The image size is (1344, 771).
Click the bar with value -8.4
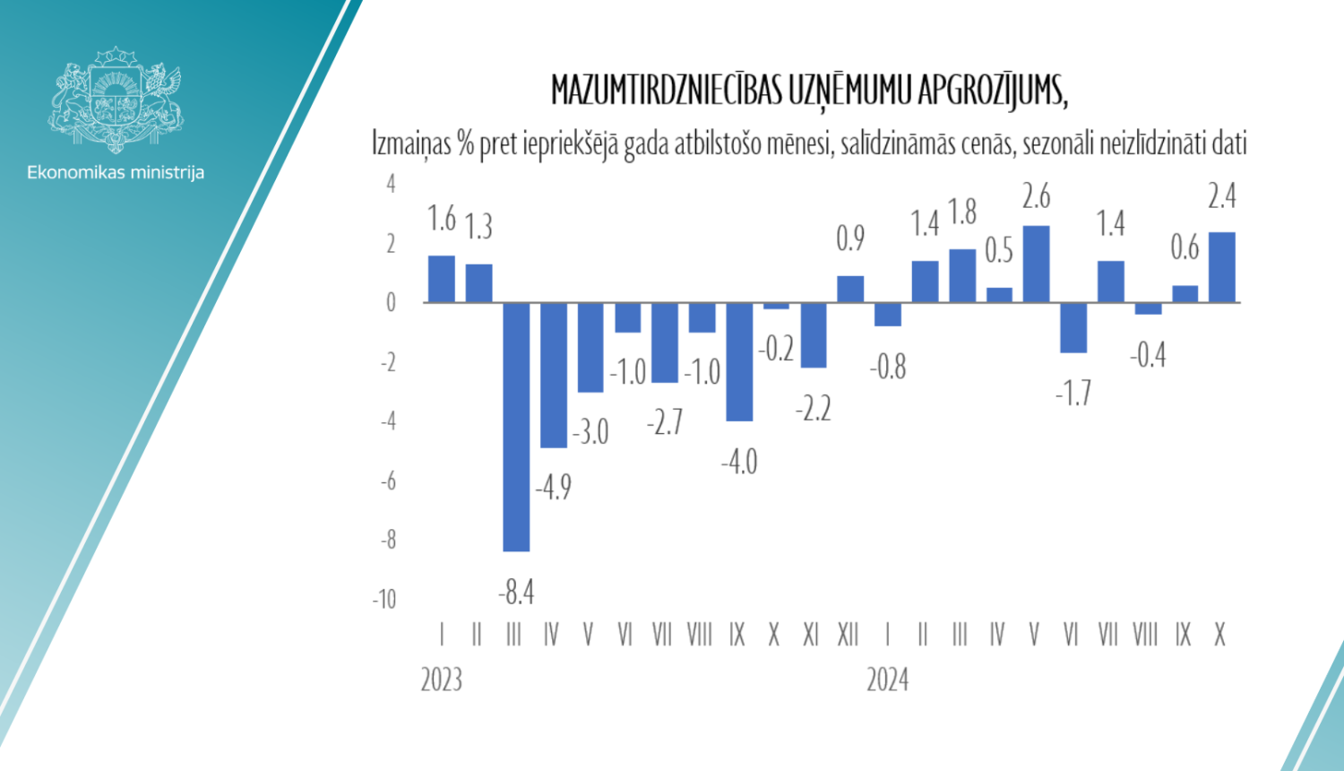516,427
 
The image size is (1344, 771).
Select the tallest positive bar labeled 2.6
1036,264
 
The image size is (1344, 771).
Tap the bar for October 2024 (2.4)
1221,267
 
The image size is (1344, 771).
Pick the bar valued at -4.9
554,375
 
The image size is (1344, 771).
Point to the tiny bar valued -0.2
776,306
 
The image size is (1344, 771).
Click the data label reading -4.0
739,462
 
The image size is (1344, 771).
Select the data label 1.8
962,212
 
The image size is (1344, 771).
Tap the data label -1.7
1073,393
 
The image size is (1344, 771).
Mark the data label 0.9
850,238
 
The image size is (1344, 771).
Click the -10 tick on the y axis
384,599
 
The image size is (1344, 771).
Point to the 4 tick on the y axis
391,184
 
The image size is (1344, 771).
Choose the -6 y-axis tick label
388,481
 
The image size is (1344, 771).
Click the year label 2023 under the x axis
442,680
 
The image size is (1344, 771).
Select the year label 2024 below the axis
887,680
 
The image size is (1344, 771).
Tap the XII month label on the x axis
848,635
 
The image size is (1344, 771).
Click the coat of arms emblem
116,100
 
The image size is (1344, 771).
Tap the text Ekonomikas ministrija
116,172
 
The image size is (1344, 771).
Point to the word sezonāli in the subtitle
1056,143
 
